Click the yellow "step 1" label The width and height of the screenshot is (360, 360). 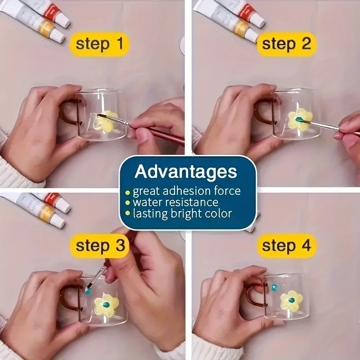pyautogui.click(x=99, y=44)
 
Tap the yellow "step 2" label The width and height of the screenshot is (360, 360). pyautogui.click(x=287, y=44)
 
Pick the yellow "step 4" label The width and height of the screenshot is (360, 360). pyautogui.click(x=287, y=246)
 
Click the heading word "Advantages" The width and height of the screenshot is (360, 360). pyautogui.click(x=186, y=171)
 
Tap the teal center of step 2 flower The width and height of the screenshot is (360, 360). pyautogui.click(x=299, y=119)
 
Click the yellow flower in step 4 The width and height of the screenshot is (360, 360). pyautogui.click(x=291, y=300)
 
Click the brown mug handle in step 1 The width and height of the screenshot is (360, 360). pyautogui.click(x=67, y=115)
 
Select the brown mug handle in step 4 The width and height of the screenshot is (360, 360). pyautogui.click(x=250, y=295)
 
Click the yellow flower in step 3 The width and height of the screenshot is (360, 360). pyautogui.click(x=106, y=305)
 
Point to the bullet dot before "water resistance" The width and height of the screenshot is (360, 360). pyautogui.click(x=128, y=203)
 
